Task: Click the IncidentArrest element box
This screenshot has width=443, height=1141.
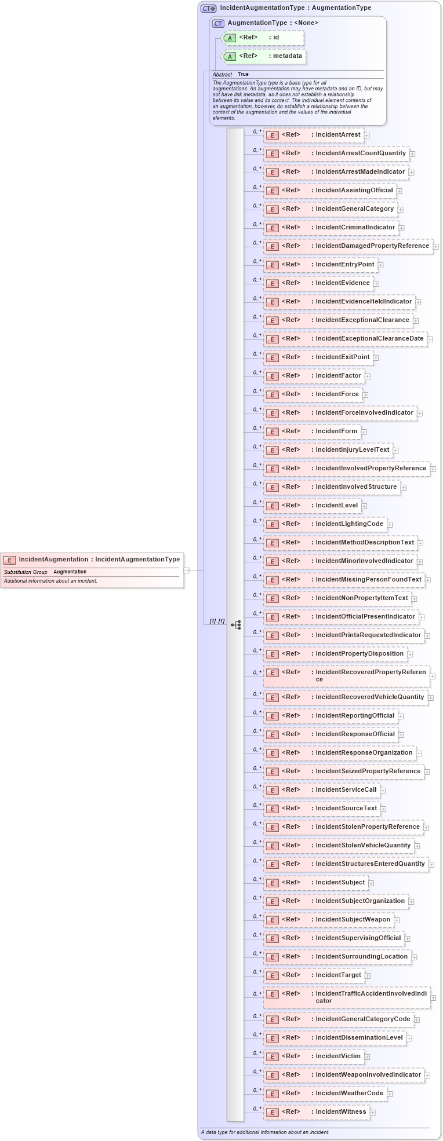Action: [314, 135]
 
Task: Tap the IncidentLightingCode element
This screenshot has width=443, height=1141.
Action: [325, 524]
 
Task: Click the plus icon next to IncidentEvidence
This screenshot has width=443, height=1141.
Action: [376, 284]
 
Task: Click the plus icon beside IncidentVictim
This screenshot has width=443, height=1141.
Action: [367, 1057]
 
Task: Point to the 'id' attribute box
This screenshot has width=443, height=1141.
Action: [263, 38]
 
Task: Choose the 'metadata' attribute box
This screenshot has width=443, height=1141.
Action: [264, 56]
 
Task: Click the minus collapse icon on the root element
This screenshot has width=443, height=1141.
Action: [186, 570]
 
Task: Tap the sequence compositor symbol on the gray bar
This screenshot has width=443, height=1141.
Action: [236, 625]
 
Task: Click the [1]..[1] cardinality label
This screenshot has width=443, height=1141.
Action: [217, 621]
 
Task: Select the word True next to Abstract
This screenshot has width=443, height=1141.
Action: [243, 74]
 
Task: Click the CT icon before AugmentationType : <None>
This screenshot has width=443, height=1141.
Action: [218, 23]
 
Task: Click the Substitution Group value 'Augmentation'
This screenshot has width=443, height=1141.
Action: [70, 572]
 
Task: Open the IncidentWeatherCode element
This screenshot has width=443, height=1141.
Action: [325, 1093]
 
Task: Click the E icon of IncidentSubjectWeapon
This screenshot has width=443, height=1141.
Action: [272, 920]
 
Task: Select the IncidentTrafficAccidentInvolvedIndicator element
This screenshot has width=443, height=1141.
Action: [347, 997]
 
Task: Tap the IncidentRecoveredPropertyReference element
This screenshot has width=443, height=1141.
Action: [346, 675]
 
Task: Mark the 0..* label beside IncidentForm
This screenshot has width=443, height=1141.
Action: [257, 428]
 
